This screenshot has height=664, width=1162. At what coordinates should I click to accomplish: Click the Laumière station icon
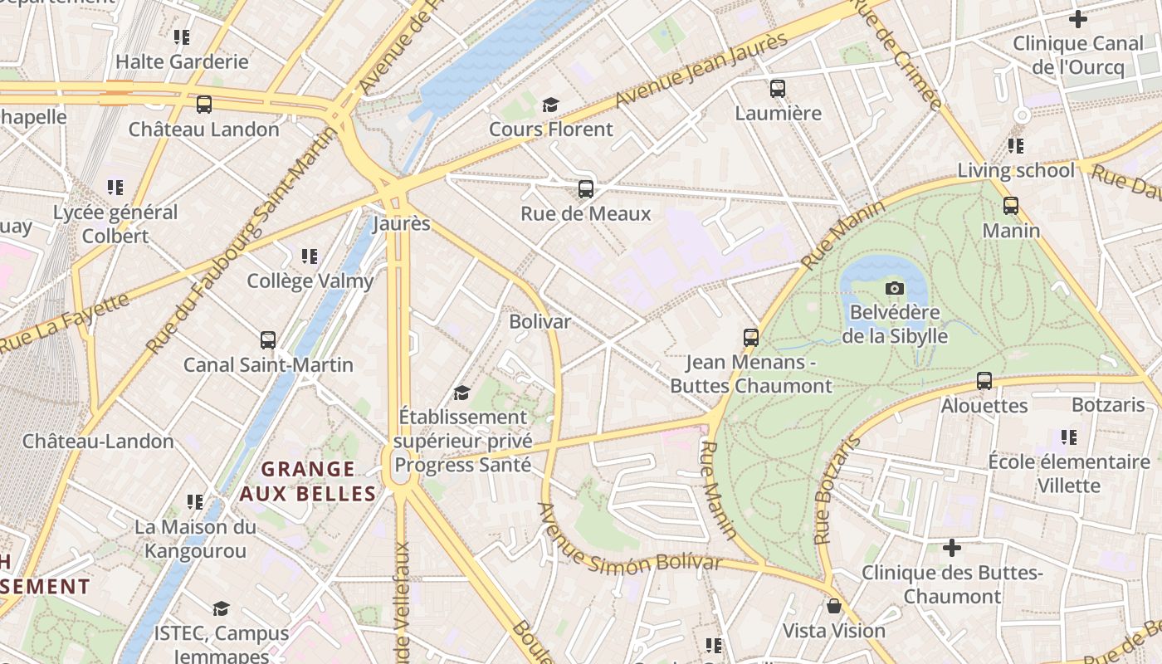click(778, 89)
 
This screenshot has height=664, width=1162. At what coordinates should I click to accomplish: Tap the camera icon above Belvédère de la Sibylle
click(895, 288)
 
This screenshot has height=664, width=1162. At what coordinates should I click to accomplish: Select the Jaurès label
click(402, 224)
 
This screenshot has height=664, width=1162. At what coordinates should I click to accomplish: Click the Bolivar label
click(539, 321)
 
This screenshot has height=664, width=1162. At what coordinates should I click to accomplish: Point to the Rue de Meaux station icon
click(586, 189)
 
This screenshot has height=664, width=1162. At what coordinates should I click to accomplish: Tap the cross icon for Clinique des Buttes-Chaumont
click(952, 548)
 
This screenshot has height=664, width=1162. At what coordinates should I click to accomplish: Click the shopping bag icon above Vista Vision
click(834, 607)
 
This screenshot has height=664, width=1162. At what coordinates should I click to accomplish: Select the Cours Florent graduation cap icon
click(550, 105)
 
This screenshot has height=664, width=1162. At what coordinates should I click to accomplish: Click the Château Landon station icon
click(204, 105)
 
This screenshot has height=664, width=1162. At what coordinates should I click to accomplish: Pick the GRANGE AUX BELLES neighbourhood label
click(308, 481)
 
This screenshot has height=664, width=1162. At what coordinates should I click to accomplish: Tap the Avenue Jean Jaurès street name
click(701, 71)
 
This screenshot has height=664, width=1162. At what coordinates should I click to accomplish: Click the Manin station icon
click(1011, 206)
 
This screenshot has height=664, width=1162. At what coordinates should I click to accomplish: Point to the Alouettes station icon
click(984, 381)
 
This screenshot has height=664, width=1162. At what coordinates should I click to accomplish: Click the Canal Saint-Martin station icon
click(268, 340)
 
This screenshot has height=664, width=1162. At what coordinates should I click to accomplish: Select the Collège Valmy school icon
click(310, 256)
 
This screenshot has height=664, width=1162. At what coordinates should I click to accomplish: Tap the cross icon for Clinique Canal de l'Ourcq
click(1078, 18)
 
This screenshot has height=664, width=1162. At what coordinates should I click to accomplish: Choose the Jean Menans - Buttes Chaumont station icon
click(751, 338)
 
